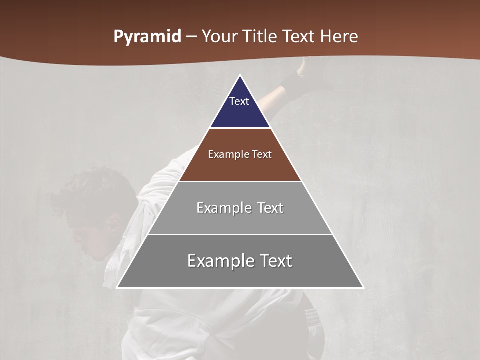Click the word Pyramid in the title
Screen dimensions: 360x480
[147, 37]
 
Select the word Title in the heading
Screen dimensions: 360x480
[260, 37]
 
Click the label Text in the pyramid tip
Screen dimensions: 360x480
[239, 101]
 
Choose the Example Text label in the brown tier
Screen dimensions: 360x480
[240, 154]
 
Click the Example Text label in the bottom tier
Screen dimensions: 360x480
[240, 261]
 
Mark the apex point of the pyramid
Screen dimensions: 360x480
[240, 76]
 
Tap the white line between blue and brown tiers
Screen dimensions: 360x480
[240, 128]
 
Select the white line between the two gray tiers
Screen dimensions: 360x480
[240, 234]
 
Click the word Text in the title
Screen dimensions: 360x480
[299, 37]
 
